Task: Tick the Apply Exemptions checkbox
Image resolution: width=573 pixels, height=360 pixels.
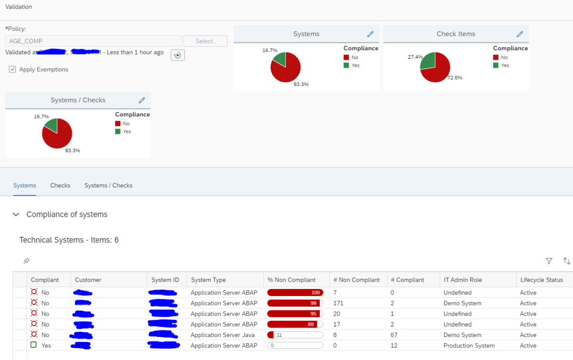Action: point(12,70)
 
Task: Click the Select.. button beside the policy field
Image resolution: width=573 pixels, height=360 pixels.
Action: point(205,41)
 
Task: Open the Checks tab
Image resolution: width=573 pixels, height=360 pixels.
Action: point(60,185)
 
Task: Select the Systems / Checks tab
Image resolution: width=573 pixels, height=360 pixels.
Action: point(108,185)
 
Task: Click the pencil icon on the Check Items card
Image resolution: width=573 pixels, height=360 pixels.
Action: point(520,34)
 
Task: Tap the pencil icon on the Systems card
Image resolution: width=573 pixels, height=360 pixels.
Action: point(370,34)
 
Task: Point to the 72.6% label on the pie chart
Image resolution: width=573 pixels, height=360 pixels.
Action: point(455,78)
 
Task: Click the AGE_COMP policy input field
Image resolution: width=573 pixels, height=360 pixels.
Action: point(93,41)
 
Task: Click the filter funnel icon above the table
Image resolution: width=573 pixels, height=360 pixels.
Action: point(549,261)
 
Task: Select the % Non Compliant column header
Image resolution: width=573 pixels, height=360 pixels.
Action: point(291,280)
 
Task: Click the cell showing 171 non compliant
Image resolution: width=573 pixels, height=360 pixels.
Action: point(338,303)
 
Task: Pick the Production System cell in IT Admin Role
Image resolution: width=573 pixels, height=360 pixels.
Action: point(469,346)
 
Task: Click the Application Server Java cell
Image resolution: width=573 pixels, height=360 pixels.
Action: point(223,335)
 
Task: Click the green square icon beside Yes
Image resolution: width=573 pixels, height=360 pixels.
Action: point(34,345)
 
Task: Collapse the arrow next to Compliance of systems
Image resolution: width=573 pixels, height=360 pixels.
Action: point(16,214)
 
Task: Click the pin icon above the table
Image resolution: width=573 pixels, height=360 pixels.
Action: point(26,261)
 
